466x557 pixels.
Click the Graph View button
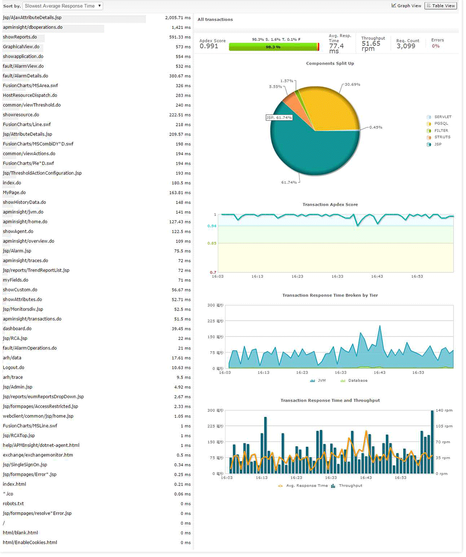(x=406, y=6)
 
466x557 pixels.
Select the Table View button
(x=440, y=6)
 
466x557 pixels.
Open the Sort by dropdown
(x=62, y=6)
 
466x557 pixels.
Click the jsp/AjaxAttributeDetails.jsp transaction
(x=32, y=17)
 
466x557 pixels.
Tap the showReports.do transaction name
(x=20, y=37)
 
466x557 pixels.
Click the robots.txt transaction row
(x=14, y=503)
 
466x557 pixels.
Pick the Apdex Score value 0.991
(x=209, y=46)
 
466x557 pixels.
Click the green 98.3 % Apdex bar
(x=273, y=47)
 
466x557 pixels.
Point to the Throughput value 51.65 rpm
(x=371, y=46)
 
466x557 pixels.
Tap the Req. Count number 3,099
(x=406, y=46)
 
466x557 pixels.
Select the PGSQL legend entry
(x=441, y=124)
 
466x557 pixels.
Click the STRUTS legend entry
(x=442, y=137)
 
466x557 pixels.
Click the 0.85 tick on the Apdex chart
(x=212, y=244)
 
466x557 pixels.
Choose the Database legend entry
(x=357, y=380)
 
